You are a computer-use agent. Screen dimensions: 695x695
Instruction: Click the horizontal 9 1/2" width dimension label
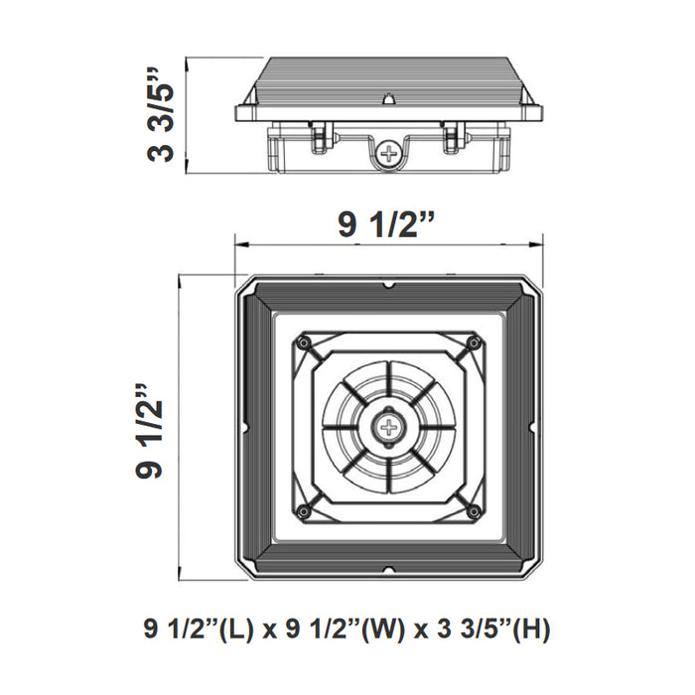(x=388, y=224)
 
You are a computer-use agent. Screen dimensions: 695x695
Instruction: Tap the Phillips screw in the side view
(x=388, y=154)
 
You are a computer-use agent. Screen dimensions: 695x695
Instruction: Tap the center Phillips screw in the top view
(x=388, y=428)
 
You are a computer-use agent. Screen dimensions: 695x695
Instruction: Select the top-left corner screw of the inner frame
(x=303, y=343)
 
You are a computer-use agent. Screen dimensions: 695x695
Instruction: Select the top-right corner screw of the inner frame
(x=475, y=343)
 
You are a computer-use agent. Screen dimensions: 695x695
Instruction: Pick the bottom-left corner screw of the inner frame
(x=303, y=512)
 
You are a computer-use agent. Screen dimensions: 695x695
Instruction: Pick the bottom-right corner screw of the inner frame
(x=475, y=512)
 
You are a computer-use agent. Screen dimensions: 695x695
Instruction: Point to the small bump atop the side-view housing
(x=388, y=99)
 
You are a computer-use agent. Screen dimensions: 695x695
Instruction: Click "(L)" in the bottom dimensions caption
(x=237, y=629)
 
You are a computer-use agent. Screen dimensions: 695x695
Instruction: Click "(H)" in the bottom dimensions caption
(x=531, y=629)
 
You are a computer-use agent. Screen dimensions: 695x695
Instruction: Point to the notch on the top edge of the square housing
(x=388, y=285)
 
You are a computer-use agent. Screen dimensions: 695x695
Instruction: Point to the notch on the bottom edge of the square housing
(x=388, y=570)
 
